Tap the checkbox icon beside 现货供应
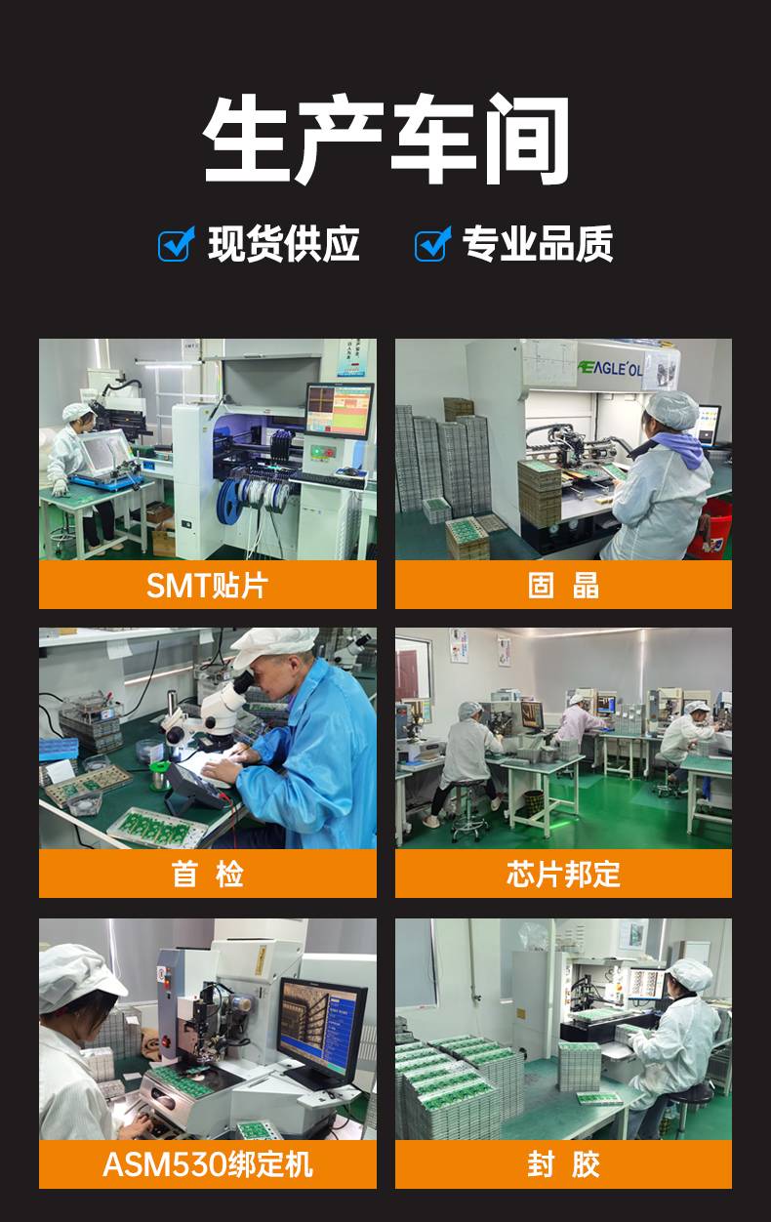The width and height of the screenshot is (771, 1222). (177, 244)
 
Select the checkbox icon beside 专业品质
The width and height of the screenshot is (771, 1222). (432, 244)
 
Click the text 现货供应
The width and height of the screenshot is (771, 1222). (284, 244)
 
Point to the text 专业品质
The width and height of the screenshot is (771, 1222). (538, 244)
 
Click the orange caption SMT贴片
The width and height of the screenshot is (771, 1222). (207, 586)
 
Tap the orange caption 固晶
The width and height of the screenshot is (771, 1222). (563, 586)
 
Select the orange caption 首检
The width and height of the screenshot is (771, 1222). (207, 874)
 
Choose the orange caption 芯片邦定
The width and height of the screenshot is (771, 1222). (563, 874)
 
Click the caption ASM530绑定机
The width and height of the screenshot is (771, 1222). (207, 1163)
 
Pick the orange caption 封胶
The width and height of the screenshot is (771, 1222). (563, 1163)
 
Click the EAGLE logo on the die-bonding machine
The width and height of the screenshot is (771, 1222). (610, 368)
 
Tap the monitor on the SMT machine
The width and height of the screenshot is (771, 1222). (340, 410)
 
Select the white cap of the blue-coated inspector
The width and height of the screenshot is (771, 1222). (275, 642)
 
